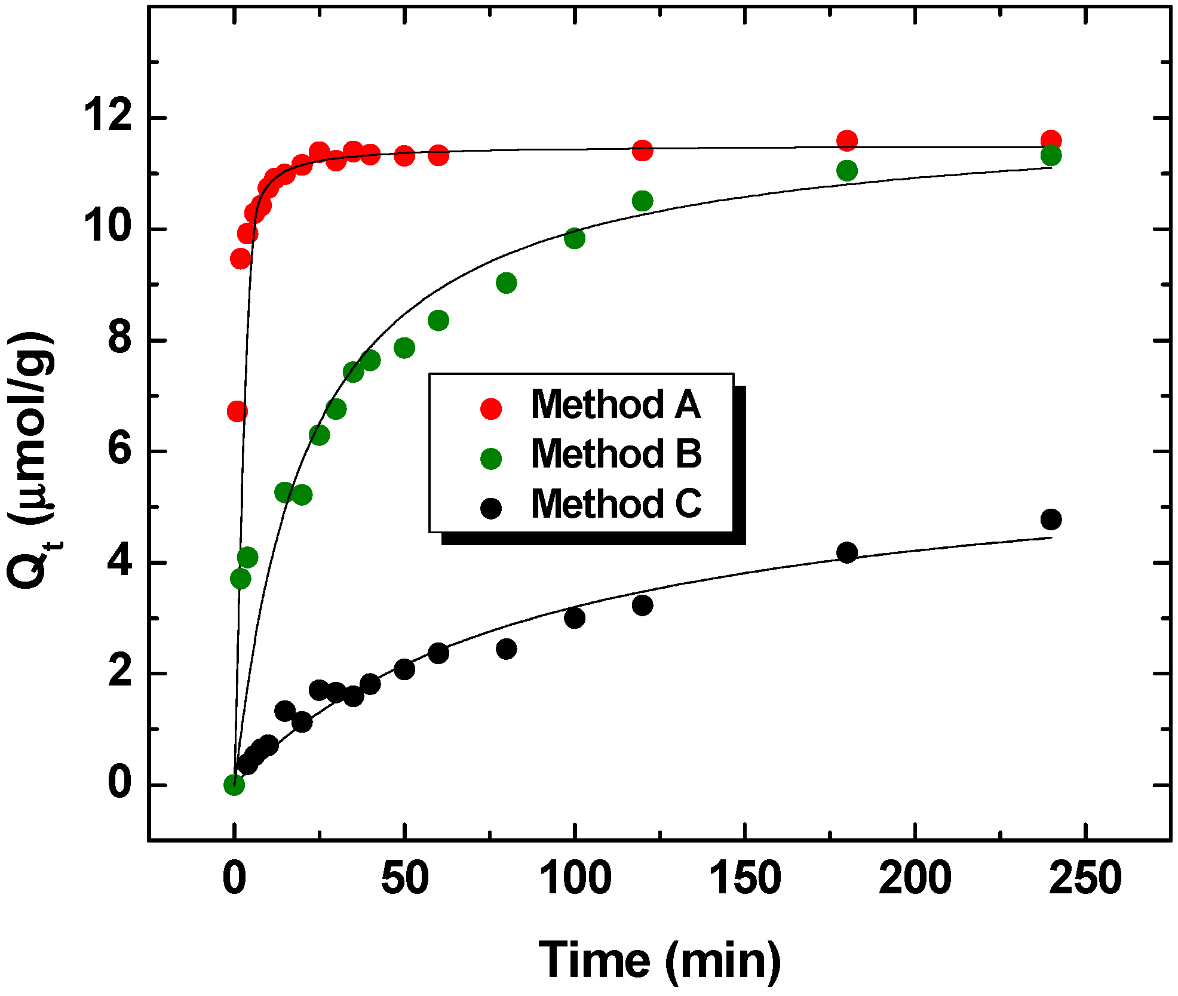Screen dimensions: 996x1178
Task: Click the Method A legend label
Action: tap(615, 404)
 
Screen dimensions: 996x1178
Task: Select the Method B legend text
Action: tap(616, 454)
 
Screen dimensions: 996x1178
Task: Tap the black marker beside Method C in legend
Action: tap(491, 508)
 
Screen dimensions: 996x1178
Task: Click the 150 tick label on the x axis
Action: tap(744, 878)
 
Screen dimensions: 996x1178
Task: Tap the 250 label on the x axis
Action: tap(1085, 878)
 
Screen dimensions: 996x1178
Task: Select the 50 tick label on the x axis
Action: tap(404, 878)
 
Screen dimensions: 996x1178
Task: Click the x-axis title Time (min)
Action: tap(659, 960)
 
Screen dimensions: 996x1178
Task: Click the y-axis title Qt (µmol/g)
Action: tap(33, 460)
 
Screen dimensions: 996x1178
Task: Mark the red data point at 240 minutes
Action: tap(1051, 141)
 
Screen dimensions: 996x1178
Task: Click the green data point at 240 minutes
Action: tap(1051, 156)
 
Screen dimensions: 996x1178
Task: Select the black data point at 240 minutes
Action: tap(1051, 519)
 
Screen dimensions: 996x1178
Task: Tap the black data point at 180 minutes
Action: tap(846, 552)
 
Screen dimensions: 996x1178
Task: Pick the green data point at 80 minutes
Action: tap(506, 283)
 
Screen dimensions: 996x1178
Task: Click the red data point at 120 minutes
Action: tap(642, 150)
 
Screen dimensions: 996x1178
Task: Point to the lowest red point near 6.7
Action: tap(237, 411)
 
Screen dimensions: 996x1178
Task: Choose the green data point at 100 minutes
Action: tap(574, 238)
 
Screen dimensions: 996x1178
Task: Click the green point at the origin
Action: tap(234, 785)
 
